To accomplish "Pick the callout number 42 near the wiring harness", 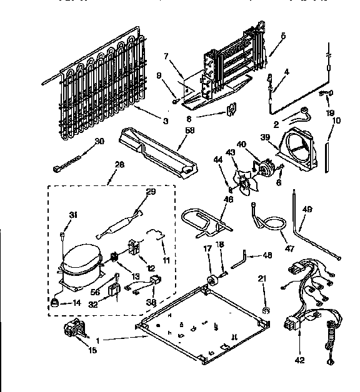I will tap(300, 360).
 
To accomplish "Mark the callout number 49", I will tap(306, 209).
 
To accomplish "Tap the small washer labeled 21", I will tap(266, 310).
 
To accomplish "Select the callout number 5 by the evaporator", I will tap(283, 36).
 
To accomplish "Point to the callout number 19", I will tap(331, 114).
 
